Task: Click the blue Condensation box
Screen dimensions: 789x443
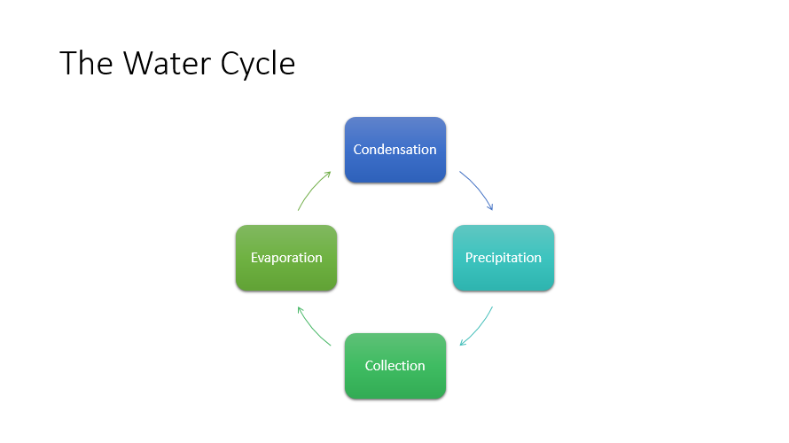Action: (x=395, y=150)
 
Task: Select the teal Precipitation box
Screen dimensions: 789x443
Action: (x=504, y=258)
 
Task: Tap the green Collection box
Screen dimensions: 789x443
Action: (x=395, y=366)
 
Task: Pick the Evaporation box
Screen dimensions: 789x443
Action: (x=286, y=258)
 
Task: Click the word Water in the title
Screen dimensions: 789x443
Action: (x=168, y=64)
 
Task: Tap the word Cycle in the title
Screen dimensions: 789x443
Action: (x=258, y=65)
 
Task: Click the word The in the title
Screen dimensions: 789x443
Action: (x=86, y=64)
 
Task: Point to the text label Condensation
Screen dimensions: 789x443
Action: (x=395, y=150)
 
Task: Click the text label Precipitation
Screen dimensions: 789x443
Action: (x=504, y=258)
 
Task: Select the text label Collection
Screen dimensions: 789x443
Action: (x=395, y=366)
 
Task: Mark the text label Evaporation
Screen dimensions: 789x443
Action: (x=286, y=258)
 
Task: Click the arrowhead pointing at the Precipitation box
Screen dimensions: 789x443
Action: (x=490, y=206)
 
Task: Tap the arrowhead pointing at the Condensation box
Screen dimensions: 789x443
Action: (x=328, y=174)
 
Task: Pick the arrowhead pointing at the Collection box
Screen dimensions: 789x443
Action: (x=463, y=342)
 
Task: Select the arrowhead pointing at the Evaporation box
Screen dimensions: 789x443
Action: (x=300, y=310)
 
